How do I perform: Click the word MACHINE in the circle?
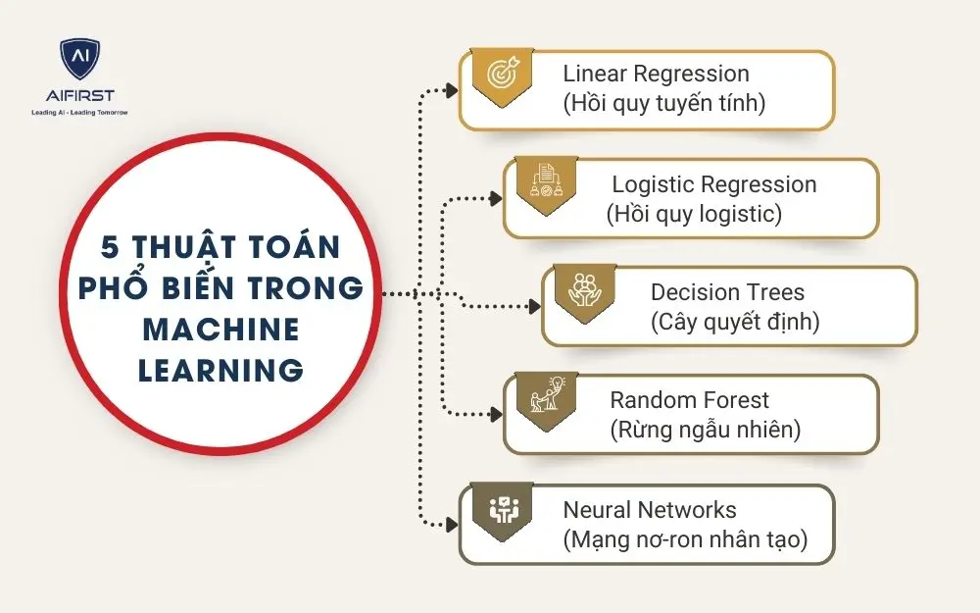[220, 329]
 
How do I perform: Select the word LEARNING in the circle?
[220, 370]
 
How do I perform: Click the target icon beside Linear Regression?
[502, 76]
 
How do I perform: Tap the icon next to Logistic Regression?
[545, 182]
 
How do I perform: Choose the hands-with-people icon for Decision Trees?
[584, 290]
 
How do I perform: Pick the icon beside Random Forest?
[545, 398]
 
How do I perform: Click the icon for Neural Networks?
[502, 507]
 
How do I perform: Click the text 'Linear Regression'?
[656, 74]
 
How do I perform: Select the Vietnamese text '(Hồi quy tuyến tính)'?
[663, 102]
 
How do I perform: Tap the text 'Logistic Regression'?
[713, 184]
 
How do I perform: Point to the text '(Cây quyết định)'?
[734, 321]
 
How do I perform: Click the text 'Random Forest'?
[689, 400]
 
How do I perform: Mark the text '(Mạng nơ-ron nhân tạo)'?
[685, 539]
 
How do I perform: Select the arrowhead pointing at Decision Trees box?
[534, 307]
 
